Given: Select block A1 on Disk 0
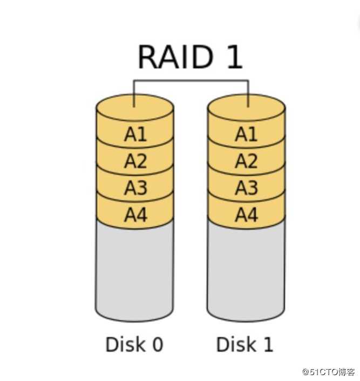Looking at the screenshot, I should [x=135, y=134].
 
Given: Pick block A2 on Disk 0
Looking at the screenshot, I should [x=135, y=161].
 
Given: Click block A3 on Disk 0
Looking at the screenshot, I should [x=135, y=188].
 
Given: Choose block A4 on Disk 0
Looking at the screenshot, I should [x=135, y=215].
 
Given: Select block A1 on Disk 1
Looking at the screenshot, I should [x=246, y=134].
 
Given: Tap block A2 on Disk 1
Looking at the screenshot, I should [x=246, y=161].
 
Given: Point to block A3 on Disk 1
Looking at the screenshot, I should [x=246, y=188].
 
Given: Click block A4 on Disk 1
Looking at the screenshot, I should [x=246, y=215].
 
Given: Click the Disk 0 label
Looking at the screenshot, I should [x=134, y=344].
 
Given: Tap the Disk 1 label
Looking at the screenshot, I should [x=244, y=344].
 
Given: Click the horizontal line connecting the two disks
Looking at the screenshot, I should [x=191, y=81].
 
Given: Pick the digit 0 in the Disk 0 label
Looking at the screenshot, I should [x=157, y=344].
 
